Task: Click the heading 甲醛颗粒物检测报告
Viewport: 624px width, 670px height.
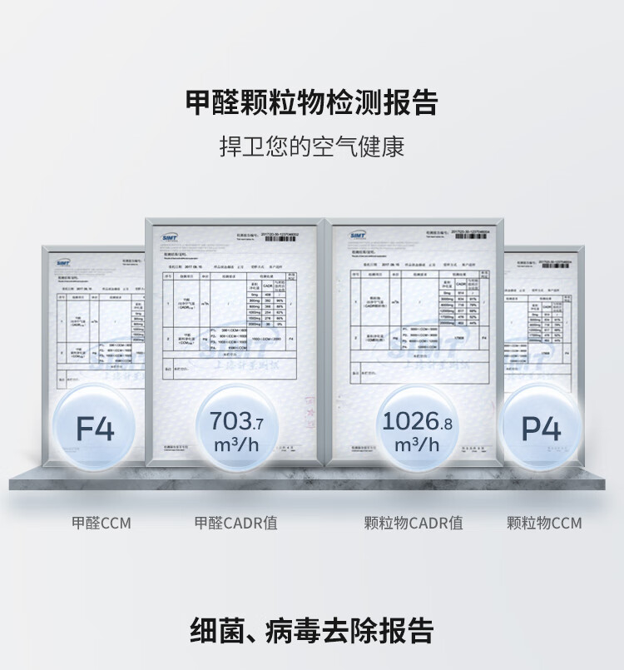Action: point(311,103)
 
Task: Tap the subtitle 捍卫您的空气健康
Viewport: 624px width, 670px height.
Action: point(311,147)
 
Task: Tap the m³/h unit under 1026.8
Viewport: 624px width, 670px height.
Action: point(415,445)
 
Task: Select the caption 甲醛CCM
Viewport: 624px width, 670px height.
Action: point(101,524)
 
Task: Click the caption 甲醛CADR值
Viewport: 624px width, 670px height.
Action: point(235,524)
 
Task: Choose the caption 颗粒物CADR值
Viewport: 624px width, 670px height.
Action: point(414,524)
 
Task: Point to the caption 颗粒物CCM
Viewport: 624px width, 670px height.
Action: point(544,524)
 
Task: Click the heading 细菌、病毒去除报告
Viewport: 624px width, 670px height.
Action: point(311,628)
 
